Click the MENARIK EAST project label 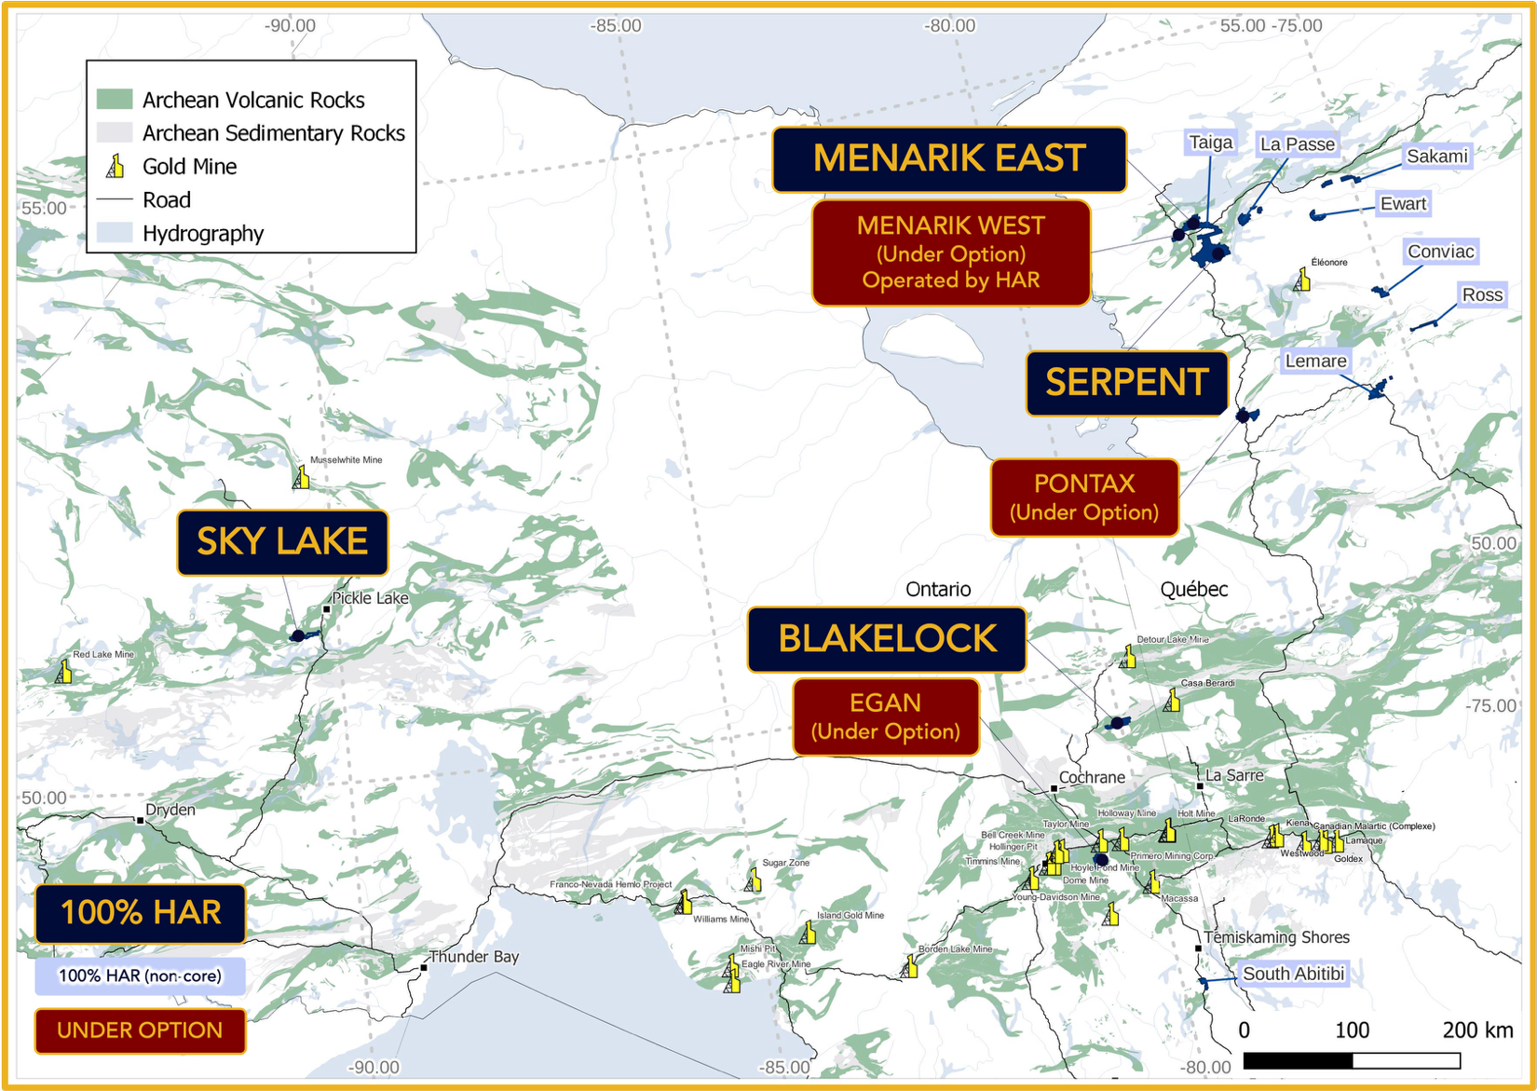pos(948,159)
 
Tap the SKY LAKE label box pos(282,541)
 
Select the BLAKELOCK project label pos(886,639)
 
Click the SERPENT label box pos(1126,383)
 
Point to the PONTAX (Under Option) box pos(1084,498)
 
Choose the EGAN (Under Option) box pos(885,716)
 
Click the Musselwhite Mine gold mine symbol pos(301,477)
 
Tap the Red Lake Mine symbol pos(63,671)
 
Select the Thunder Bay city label pos(473,957)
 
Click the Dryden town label pos(170,810)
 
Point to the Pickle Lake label pos(370,598)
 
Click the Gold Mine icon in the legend pos(116,167)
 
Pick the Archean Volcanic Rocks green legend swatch pos(115,100)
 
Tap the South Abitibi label pos(1293,974)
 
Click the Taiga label pos(1210,143)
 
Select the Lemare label pos(1315,361)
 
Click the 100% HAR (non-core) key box pos(140,975)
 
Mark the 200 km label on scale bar pos(1477,1030)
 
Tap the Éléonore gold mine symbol pos(1302,280)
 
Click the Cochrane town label pos(1092,777)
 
